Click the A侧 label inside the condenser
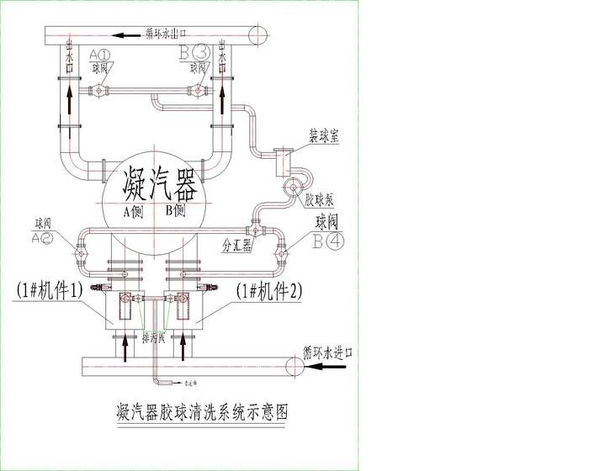pyautogui.click(x=133, y=211)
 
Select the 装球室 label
pyautogui.click(x=324, y=136)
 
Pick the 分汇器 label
pyautogui.click(x=235, y=246)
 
